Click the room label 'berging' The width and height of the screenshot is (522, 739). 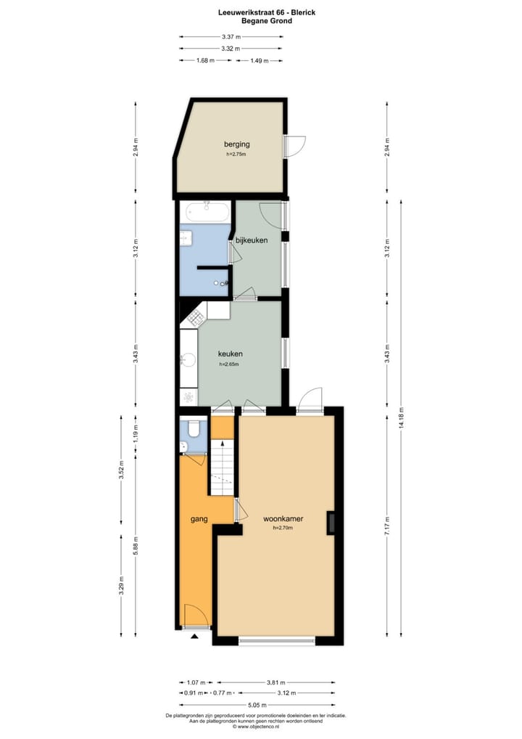236,144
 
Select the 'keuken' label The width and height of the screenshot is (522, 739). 231,354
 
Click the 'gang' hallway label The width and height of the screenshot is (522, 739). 199,520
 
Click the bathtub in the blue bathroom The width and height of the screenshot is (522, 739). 208,213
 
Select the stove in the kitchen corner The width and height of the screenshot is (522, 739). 196,317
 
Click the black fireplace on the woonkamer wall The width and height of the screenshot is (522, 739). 331,523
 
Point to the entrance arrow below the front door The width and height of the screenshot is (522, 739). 194,637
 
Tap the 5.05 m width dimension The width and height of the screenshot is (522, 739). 257,704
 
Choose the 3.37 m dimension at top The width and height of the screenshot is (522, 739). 231,36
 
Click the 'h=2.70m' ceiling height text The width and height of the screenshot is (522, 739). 282,529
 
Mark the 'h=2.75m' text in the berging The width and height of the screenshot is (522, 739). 236,154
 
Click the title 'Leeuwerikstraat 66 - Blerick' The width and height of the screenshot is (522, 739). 256,12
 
